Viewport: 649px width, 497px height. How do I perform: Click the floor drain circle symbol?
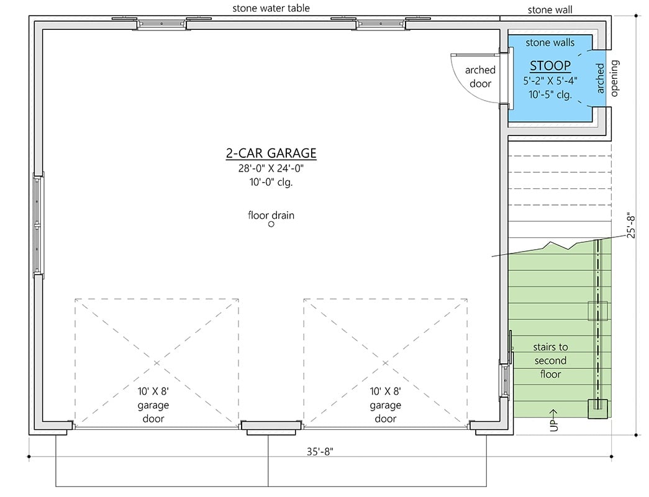tap(271, 224)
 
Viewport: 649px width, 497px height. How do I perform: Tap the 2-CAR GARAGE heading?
tap(271, 153)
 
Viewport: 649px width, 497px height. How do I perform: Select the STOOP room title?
tap(550, 66)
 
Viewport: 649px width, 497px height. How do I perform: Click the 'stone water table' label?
tap(271, 8)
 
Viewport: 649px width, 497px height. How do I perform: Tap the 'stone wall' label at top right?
tap(550, 9)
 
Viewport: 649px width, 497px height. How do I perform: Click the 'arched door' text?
tap(478, 77)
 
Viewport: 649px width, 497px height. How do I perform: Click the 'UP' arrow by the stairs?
tap(553, 421)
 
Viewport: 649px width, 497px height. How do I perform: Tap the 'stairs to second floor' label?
tap(550, 360)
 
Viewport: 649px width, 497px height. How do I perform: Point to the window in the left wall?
tap(38, 225)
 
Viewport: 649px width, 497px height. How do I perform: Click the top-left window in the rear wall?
tap(161, 24)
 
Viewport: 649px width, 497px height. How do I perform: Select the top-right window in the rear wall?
tap(381, 24)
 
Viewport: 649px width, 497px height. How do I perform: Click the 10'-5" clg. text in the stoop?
tap(550, 94)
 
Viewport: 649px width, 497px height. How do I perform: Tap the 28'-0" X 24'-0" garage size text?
tap(271, 168)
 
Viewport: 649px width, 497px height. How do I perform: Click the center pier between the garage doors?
tap(271, 426)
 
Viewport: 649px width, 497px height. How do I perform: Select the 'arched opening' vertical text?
tap(607, 78)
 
